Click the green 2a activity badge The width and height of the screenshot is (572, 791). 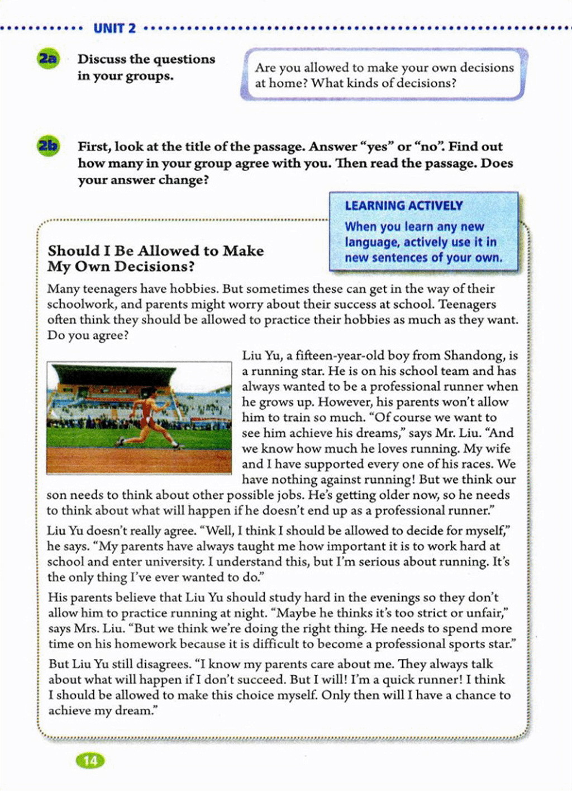[x=48, y=59]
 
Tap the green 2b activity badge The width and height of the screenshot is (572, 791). [x=48, y=146]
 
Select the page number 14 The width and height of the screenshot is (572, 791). [x=90, y=760]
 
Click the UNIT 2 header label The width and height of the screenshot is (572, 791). [x=115, y=29]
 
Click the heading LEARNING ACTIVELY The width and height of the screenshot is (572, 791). [x=404, y=206]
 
